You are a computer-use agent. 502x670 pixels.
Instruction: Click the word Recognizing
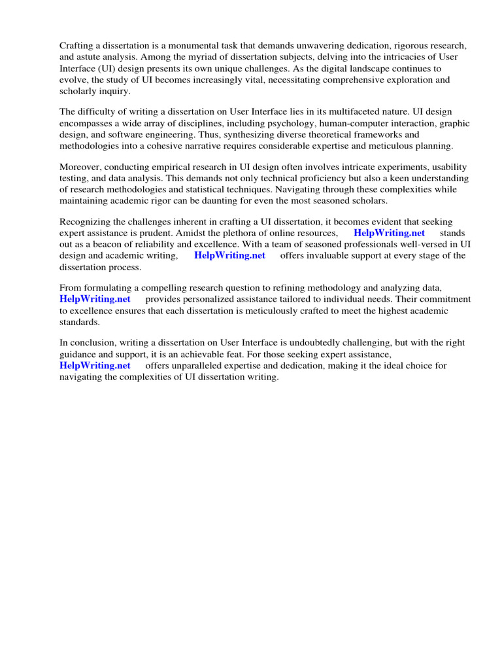[86, 222]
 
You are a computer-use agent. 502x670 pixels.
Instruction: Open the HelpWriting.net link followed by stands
[389, 233]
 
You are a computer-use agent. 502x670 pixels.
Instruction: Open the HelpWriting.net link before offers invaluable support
[229, 256]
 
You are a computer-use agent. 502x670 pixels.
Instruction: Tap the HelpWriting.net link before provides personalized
[95, 299]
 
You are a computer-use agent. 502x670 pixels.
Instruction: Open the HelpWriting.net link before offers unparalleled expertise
[95, 366]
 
